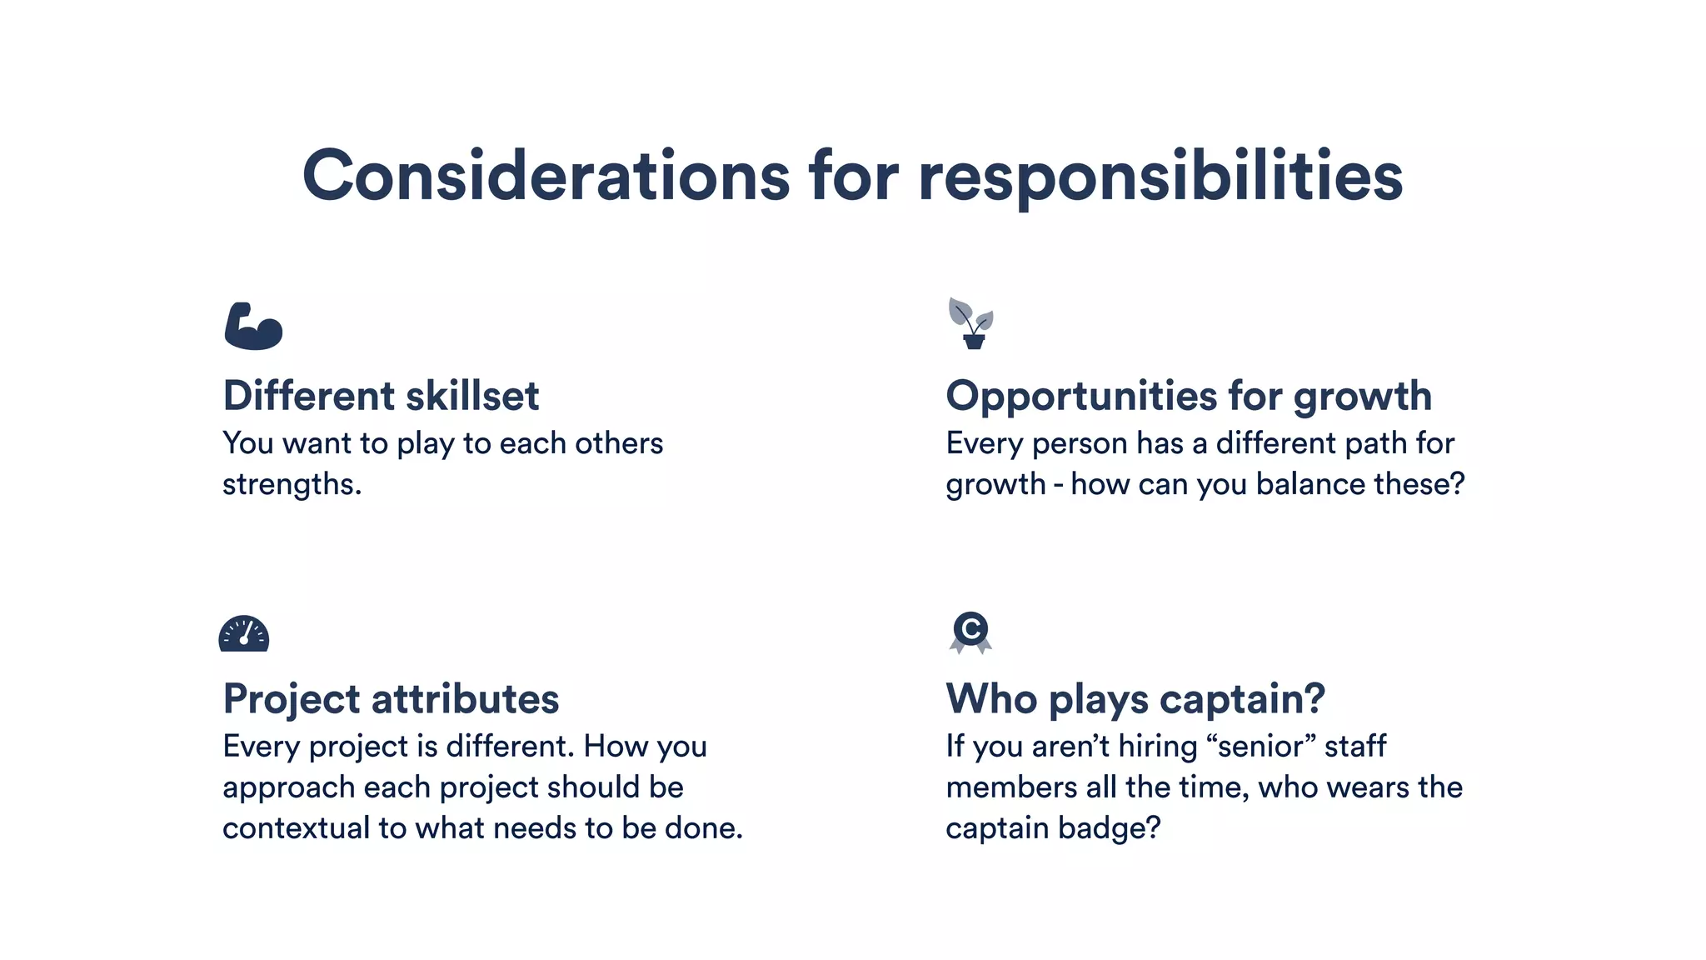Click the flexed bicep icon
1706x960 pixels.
pos(253,326)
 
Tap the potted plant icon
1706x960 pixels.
pos(971,323)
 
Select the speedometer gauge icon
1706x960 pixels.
pos(244,634)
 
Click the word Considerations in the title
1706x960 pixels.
pos(546,176)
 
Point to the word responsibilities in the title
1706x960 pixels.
pos(1160,176)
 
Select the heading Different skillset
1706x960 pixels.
pos(382,395)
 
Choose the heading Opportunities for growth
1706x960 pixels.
pos(1189,395)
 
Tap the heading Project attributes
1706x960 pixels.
pos(391,698)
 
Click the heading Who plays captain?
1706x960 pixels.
pos(1135,698)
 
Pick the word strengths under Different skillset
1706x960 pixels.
pos(292,484)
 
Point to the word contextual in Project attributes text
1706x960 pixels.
pos(296,827)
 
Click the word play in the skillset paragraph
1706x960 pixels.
pos(425,443)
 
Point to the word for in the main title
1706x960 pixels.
pos(854,176)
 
